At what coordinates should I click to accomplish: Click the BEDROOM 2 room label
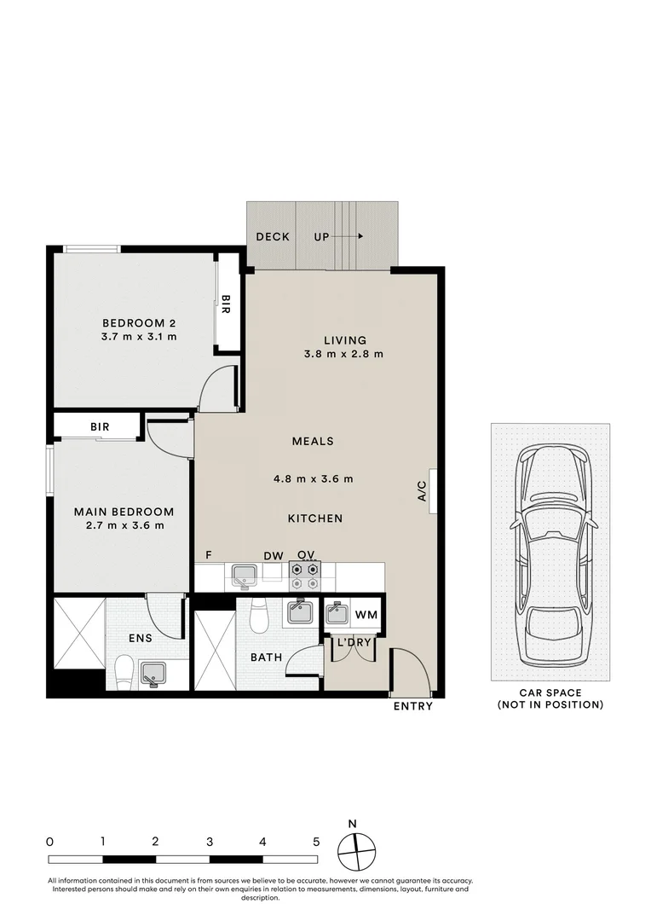[139, 322]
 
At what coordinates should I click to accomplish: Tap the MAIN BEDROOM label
[124, 512]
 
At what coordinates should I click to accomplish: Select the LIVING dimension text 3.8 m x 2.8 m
[344, 354]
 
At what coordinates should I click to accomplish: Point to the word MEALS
[313, 441]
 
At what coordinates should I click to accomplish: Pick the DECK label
[273, 236]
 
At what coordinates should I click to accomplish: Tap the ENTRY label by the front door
[412, 706]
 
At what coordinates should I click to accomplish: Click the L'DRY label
[354, 642]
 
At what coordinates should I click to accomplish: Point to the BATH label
[266, 657]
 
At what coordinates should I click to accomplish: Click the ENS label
[141, 637]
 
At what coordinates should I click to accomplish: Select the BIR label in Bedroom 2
[226, 303]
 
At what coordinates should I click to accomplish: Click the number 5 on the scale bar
[316, 841]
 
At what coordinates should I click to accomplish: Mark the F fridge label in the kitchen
[208, 555]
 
